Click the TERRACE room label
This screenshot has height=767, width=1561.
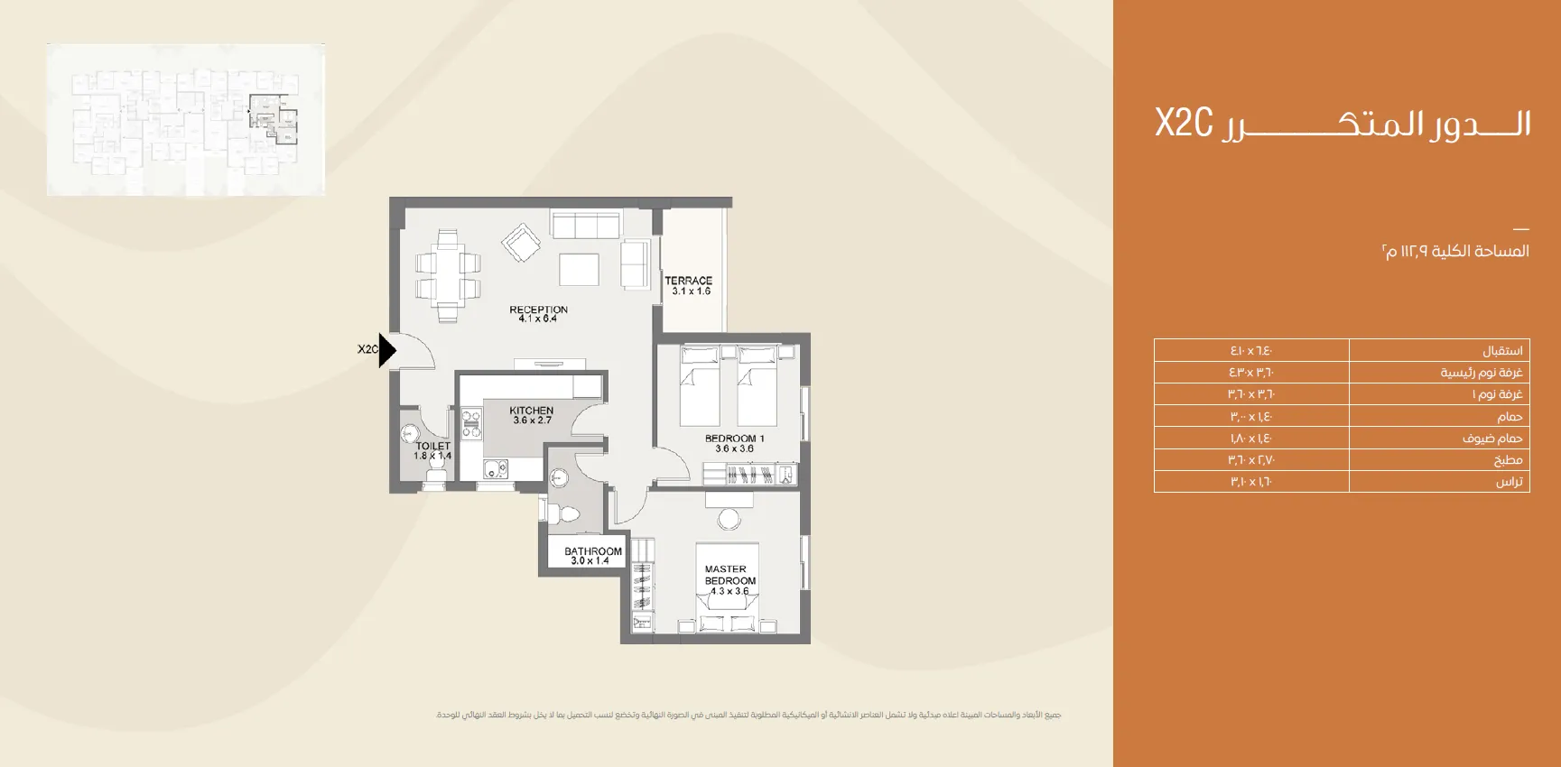coord(689,285)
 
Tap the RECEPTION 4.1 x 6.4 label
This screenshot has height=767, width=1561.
coord(538,314)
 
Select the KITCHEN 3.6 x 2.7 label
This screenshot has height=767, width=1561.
coord(531,415)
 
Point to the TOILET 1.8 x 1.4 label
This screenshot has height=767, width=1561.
coord(432,451)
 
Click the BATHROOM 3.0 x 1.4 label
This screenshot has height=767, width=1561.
coord(592,556)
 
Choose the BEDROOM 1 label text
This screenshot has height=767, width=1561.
coord(734,443)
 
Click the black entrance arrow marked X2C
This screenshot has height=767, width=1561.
coord(386,349)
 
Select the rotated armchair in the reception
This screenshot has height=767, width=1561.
coord(521,243)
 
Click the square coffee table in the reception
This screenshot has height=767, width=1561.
coord(579,269)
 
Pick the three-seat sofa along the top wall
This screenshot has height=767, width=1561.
coord(585,225)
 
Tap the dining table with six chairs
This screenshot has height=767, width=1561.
coord(448,275)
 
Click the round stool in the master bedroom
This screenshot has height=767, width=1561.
coord(729,519)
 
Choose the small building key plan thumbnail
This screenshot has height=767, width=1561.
coord(186,119)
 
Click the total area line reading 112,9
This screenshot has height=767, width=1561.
coord(1454,251)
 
